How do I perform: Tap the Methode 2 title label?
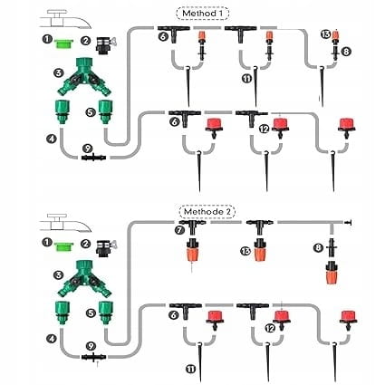(x=207, y=212)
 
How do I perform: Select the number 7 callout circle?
(x=179, y=230)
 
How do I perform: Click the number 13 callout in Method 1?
(x=326, y=34)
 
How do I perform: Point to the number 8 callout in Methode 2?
(x=318, y=248)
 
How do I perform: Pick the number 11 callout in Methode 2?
(x=191, y=369)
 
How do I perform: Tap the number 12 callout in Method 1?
(x=264, y=130)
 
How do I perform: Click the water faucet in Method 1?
(x=65, y=19)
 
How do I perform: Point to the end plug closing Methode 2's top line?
(x=348, y=223)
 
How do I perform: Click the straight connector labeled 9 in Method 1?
(x=93, y=158)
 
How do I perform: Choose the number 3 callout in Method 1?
(x=58, y=73)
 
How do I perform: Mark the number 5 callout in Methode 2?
(x=91, y=313)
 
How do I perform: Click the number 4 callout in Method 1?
(x=52, y=139)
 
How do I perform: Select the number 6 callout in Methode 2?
(x=173, y=315)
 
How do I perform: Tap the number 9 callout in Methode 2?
(x=91, y=346)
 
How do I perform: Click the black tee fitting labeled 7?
(x=192, y=226)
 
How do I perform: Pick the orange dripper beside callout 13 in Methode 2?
(x=259, y=250)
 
